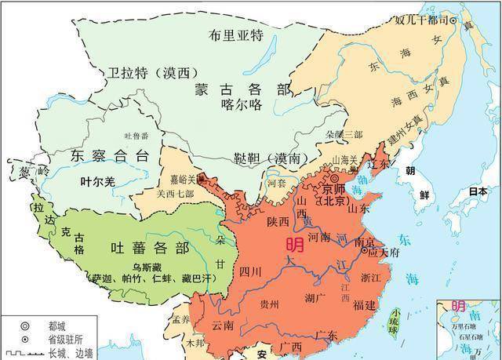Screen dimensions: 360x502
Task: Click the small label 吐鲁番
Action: click(x=131, y=136)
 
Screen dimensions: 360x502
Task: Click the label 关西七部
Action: click(x=174, y=194)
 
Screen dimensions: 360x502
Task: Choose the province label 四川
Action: click(x=250, y=272)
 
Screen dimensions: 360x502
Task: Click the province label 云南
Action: click(x=222, y=324)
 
